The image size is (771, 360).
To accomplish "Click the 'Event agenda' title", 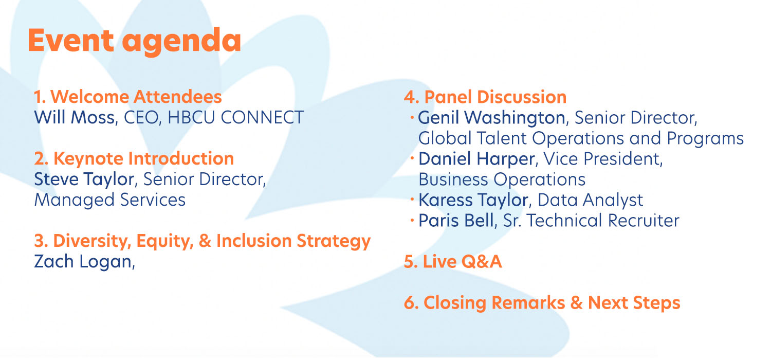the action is (134, 41).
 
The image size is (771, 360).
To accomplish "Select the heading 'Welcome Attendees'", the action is (136, 97).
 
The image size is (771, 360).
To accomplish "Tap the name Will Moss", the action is (75, 117).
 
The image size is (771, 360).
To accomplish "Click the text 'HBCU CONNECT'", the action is (236, 117).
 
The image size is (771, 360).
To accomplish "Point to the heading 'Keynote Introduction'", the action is (143, 159).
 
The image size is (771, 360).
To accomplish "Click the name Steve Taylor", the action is (84, 179).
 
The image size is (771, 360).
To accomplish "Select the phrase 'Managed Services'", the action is (110, 200).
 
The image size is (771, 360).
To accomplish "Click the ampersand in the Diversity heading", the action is (205, 241).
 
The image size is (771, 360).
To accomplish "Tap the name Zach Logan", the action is (83, 261).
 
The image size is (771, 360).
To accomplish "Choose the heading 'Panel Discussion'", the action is (495, 97).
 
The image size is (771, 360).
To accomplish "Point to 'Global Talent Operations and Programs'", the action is (581, 138).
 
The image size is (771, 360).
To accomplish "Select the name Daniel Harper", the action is (476, 159).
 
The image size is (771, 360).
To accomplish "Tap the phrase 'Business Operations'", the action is (502, 179).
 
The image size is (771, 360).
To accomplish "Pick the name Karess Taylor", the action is (473, 200).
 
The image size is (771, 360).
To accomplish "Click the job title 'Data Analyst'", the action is (590, 200).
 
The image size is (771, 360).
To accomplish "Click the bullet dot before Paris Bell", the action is (412, 220).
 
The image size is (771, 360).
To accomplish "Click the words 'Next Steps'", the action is (634, 303).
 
